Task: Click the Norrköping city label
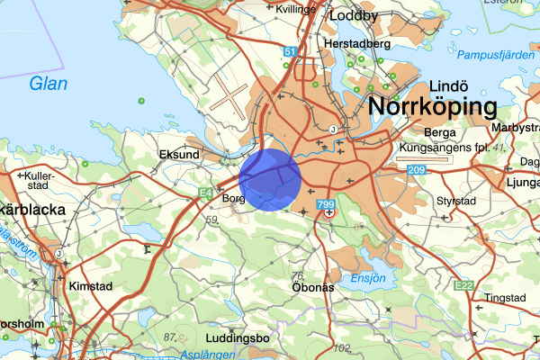pos(433,108)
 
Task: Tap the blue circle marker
pos(271,179)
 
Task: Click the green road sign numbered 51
pos(288,53)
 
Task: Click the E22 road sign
pos(464,285)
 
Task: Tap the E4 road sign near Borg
pos(205,193)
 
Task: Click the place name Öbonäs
pos(314,287)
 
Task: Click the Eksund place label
pos(178,155)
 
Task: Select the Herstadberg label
pos(358,43)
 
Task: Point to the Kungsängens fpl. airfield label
pos(444,146)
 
